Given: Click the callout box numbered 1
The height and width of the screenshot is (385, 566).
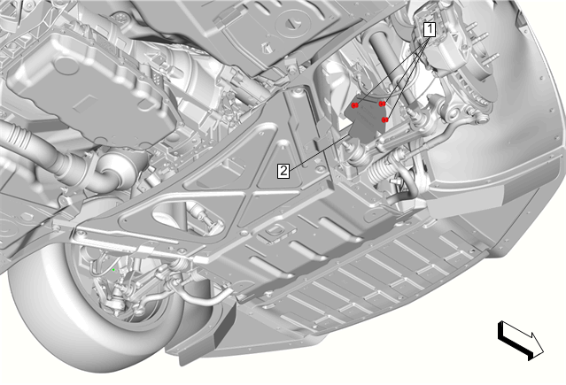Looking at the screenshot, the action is [x=430, y=29].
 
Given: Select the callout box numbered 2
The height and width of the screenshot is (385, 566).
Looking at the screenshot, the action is [x=283, y=170].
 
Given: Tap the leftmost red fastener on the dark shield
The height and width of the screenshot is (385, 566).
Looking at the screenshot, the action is [x=355, y=105].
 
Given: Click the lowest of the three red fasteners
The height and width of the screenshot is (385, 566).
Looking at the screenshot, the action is [x=385, y=119].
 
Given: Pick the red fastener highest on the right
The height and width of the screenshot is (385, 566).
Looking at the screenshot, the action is [x=382, y=104].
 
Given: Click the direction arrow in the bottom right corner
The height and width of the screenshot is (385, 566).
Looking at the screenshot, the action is [x=521, y=340].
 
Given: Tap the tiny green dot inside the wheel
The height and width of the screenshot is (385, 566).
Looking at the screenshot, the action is [x=113, y=270].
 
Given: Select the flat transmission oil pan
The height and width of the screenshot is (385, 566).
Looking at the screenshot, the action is [x=90, y=90].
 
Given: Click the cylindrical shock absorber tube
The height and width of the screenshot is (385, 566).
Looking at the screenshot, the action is [x=390, y=65].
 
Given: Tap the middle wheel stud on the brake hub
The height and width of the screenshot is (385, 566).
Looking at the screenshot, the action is [x=481, y=37].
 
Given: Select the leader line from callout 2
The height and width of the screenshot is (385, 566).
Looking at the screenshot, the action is [x=320, y=151].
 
